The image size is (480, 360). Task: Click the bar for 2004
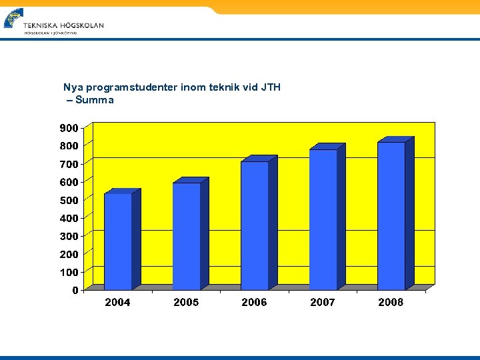point(118,241)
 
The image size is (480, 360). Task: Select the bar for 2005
point(187,236)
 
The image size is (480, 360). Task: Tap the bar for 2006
point(255,225)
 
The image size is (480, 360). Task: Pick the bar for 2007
point(323,219)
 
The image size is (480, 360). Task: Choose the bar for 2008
point(391,216)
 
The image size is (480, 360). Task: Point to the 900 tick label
point(69,127)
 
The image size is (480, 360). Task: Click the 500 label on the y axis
point(69,200)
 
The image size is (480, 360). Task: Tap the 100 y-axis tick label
point(69,272)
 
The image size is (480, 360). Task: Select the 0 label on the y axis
point(75,290)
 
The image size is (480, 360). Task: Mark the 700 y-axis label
point(69,164)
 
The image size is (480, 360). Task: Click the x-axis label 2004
point(117,303)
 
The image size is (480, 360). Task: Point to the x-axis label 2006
point(254,303)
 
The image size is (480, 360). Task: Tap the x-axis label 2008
point(391,303)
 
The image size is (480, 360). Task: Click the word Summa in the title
point(95,100)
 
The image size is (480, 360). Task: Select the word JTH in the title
point(270,87)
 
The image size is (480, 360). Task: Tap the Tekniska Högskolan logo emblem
point(13,18)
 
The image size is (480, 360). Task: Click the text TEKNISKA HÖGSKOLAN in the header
point(63,25)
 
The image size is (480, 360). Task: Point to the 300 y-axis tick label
point(69,236)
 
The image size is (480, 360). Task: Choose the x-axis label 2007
point(323,303)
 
